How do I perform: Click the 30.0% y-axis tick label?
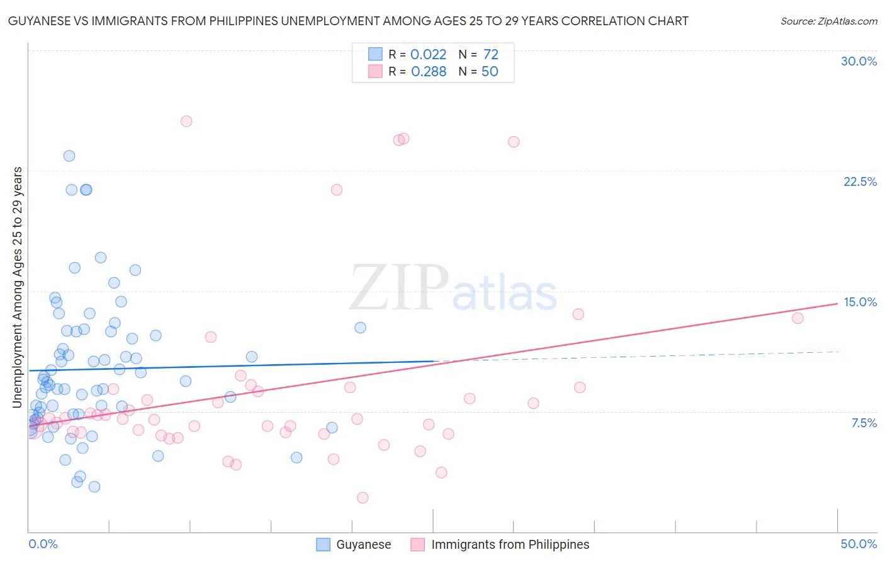pyautogui.click(x=859, y=61)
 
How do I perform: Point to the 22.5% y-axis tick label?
pyautogui.click(x=860, y=181)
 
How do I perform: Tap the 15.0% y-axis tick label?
pyautogui.click(x=860, y=302)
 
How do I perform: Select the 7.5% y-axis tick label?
pyautogui.click(x=864, y=423)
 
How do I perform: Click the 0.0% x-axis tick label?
pyautogui.click(x=43, y=544)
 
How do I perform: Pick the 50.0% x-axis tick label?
pyautogui.click(x=859, y=544)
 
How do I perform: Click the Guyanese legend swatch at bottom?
pyautogui.click(x=324, y=544)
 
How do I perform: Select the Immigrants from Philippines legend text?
pyautogui.click(x=510, y=544)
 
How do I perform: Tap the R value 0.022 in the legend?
pyautogui.click(x=428, y=55)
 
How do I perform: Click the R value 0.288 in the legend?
pyautogui.click(x=428, y=72)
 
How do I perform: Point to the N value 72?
pyautogui.click(x=491, y=55)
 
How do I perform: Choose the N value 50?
pyautogui.click(x=490, y=72)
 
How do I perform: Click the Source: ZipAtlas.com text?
pyautogui.click(x=828, y=21)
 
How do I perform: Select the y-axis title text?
pyautogui.click(x=18, y=287)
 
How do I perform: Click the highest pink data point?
pyautogui.click(x=186, y=121)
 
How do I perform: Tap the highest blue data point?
pyautogui.click(x=69, y=156)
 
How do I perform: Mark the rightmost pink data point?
pyautogui.click(x=798, y=318)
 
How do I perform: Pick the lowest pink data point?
pyautogui.click(x=363, y=498)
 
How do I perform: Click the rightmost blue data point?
pyautogui.click(x=360, y=328)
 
